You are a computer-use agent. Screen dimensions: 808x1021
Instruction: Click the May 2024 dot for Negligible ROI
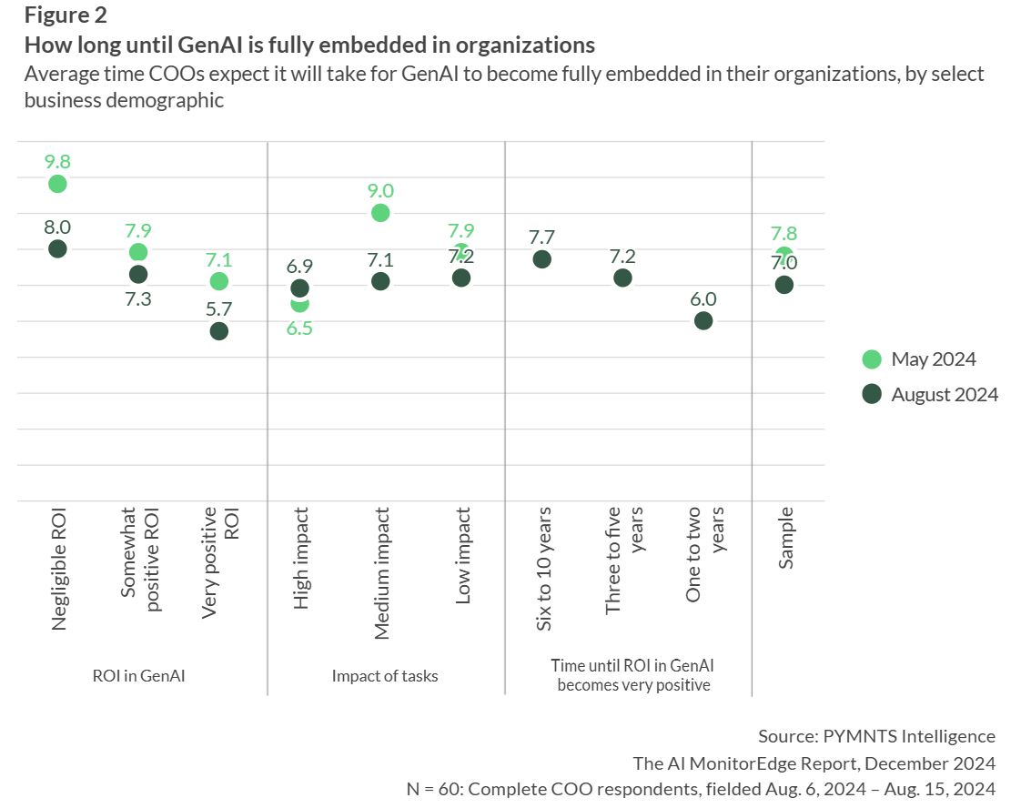click(x=57, y=184)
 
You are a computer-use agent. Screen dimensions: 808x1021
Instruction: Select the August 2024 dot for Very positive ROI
click(x=218, y=331)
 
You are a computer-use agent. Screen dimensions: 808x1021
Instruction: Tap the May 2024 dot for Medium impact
click(x=380, y=213)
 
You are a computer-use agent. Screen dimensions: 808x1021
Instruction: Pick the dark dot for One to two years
click(x=703, y=320)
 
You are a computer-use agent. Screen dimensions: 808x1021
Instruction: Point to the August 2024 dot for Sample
click(x=784, y=285)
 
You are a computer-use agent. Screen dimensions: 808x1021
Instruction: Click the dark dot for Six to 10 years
click(x=541, y=259)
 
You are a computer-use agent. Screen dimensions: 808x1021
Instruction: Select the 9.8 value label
click(x=57, y=162)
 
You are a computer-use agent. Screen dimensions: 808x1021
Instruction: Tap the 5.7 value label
click(x=218, y=308)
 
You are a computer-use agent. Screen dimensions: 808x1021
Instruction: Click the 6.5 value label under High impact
click(x=299, y=328)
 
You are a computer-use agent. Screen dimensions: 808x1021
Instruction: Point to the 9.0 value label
click(x=380, y=190)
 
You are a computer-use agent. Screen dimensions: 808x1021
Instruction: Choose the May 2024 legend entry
click(x=919, y=359)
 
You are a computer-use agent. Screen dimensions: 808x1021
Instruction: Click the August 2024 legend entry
click(x=930, y=395)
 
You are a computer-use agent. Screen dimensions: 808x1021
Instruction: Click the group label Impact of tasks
click(x=385, y=676)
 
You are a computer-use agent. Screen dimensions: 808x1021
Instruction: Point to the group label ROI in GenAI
click(x=138, y=676)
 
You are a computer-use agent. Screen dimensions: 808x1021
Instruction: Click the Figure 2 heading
click(x=66, y=15)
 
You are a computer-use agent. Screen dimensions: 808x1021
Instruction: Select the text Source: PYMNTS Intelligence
click(x=876, y=736)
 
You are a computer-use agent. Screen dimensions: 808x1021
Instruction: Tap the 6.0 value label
click(x=703, y=298)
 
